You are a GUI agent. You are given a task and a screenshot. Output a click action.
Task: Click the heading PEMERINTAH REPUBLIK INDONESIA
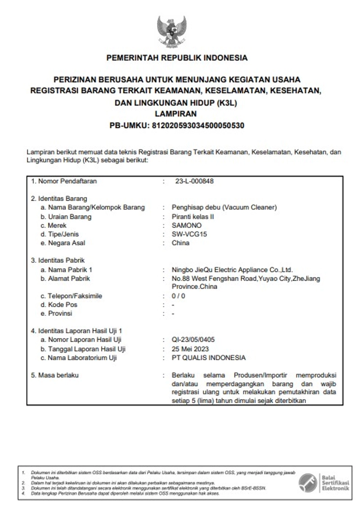coord(177,58)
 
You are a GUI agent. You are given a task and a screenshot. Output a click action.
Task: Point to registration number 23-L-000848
coord(194,181)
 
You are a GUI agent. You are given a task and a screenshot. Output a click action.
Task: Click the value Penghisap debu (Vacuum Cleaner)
coord(224,207)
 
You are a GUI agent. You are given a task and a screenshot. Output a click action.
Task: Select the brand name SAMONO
coord(187,225)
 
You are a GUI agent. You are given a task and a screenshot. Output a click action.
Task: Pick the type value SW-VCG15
coord(189,234)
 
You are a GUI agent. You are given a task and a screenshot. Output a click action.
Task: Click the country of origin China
coord(180,243)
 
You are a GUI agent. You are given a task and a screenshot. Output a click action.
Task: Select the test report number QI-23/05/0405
coord(193,340)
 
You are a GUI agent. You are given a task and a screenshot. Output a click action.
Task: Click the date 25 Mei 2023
coord(190,349)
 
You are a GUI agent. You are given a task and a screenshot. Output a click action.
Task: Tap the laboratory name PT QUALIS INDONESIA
coord(209,358)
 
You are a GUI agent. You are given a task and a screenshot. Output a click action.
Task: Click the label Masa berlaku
coord(58,375)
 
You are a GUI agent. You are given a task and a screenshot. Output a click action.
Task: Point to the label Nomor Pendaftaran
coord(63,181)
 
